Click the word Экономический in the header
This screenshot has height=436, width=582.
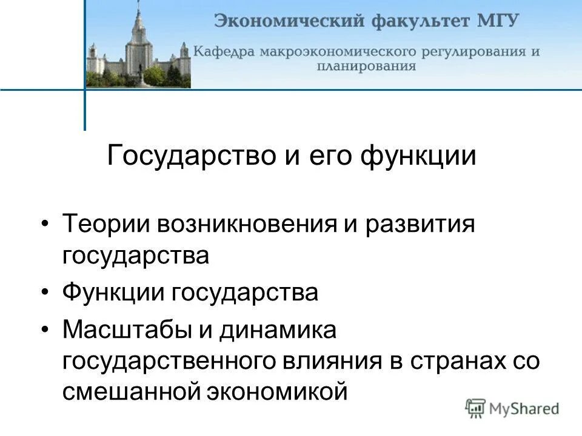click(283, 22)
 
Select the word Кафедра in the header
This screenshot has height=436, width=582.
click(225, 51)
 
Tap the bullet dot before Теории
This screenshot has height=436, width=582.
click(47, 225)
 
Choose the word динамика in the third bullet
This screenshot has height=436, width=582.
click(273, 332)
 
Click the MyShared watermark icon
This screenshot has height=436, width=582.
click(475, 408)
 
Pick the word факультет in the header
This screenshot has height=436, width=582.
click(417, 22)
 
